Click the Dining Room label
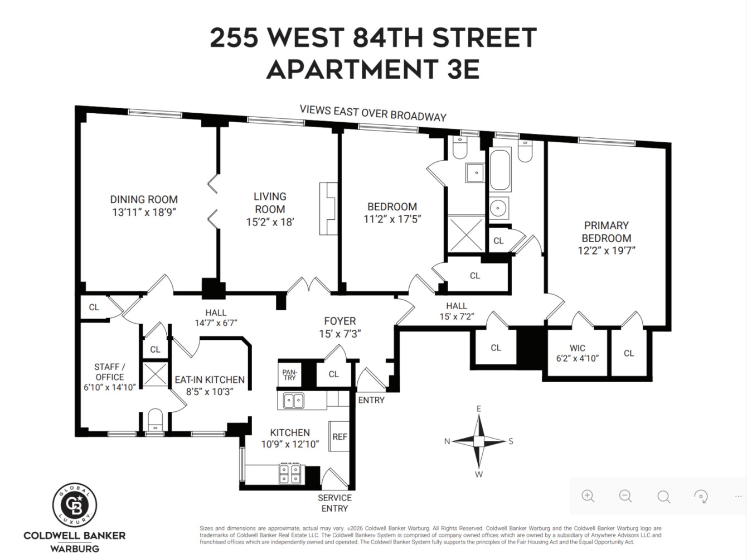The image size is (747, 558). pos(144,199)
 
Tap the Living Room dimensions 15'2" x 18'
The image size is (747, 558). pos(270,222)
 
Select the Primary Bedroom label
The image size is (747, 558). pos(606,232)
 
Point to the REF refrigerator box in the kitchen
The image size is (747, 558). pos(339,437)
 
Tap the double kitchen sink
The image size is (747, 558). pos(294,401)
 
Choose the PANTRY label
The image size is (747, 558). pos(289,374)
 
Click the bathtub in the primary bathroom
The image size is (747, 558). pos(500,170)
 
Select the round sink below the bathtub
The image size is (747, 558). pos(498,208)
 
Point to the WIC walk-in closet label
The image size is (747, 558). pos(578,348)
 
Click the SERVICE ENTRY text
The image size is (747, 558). pos(334,503)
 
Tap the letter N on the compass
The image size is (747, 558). pos(447,441)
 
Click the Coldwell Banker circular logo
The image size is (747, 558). pos(75,505)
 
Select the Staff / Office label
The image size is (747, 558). pos(109,372)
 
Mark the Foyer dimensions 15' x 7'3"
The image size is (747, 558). pos(339,334)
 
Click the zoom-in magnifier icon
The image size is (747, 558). pos(588,496)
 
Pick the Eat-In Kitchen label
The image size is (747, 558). pos(210,379)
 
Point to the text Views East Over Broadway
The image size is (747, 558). pos(373,113)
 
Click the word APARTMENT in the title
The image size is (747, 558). pos(351,70)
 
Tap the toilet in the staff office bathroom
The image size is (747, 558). pos(154,419)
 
